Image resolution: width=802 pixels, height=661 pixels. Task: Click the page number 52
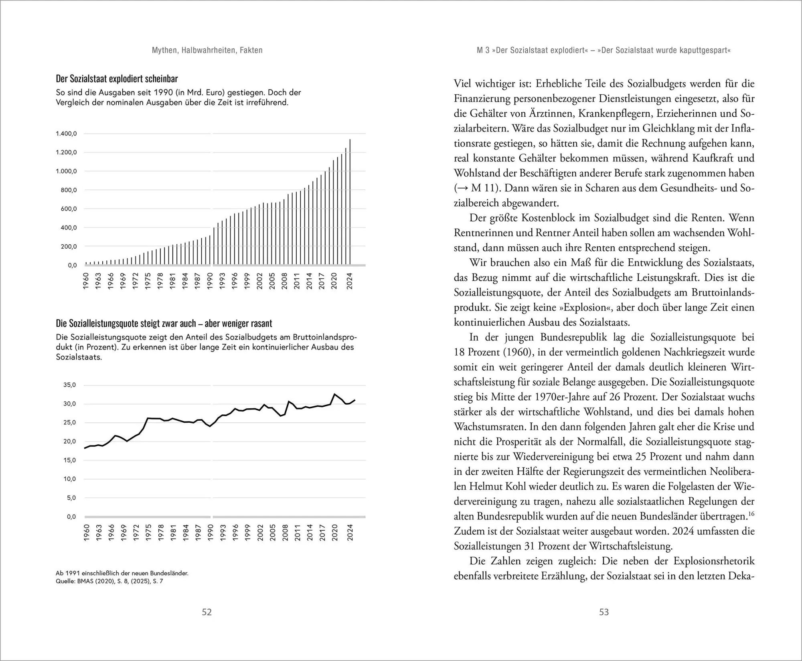click(207, 612)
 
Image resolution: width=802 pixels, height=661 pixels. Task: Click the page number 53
click(604, 612)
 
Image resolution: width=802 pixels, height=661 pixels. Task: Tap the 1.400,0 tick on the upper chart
click(66, 134)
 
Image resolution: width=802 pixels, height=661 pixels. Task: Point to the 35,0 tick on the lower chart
click(69, 385)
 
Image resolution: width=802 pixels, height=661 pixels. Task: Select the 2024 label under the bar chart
click(350, 281)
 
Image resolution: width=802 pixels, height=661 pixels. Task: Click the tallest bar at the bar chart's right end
click(350, 201)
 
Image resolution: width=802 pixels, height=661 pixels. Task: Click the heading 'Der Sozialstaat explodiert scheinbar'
click(117, 79)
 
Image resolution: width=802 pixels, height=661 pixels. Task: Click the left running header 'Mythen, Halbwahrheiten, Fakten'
click(207, 50)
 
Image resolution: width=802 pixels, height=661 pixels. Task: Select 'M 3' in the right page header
click(483, 51)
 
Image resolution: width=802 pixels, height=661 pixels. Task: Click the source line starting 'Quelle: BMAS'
click(109, 581)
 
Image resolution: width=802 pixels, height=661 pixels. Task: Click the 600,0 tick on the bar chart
click(69, 209)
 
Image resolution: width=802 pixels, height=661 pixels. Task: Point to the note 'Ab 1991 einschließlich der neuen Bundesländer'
click(122, 573)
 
